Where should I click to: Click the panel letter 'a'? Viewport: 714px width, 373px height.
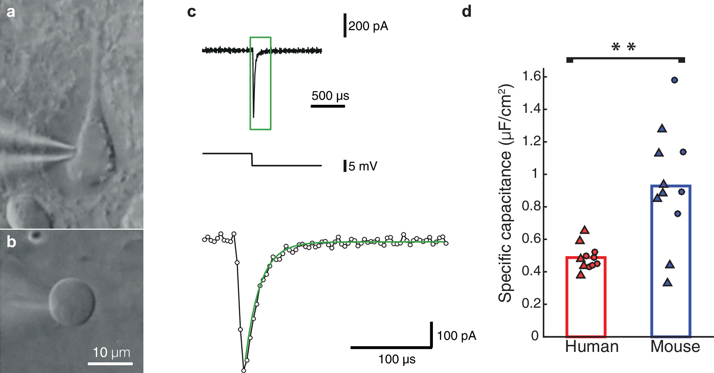[11, 12]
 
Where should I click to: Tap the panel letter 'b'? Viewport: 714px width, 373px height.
[11, 242]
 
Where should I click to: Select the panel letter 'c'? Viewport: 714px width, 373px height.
[191, 12]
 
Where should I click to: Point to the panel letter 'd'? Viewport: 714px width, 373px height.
[466, 12]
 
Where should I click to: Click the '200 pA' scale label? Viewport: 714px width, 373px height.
[368, 26]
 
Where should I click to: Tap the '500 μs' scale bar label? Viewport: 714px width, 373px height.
[330, 96]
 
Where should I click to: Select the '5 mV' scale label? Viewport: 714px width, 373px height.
[363, 166]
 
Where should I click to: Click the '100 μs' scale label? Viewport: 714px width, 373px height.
[397, 359]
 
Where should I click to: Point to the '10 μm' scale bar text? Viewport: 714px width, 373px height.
[111, 352]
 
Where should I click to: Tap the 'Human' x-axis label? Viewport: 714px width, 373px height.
[592, 347]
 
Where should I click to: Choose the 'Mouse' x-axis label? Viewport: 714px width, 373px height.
[675, 347]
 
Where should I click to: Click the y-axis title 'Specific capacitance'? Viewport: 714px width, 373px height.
[505, 194]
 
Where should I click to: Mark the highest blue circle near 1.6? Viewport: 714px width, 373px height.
[674, 80]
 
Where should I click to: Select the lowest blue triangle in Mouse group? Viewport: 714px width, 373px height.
[668, 283]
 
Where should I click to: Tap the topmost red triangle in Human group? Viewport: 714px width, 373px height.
[585, 230]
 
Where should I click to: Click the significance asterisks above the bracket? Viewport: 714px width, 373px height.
[623, 47]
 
